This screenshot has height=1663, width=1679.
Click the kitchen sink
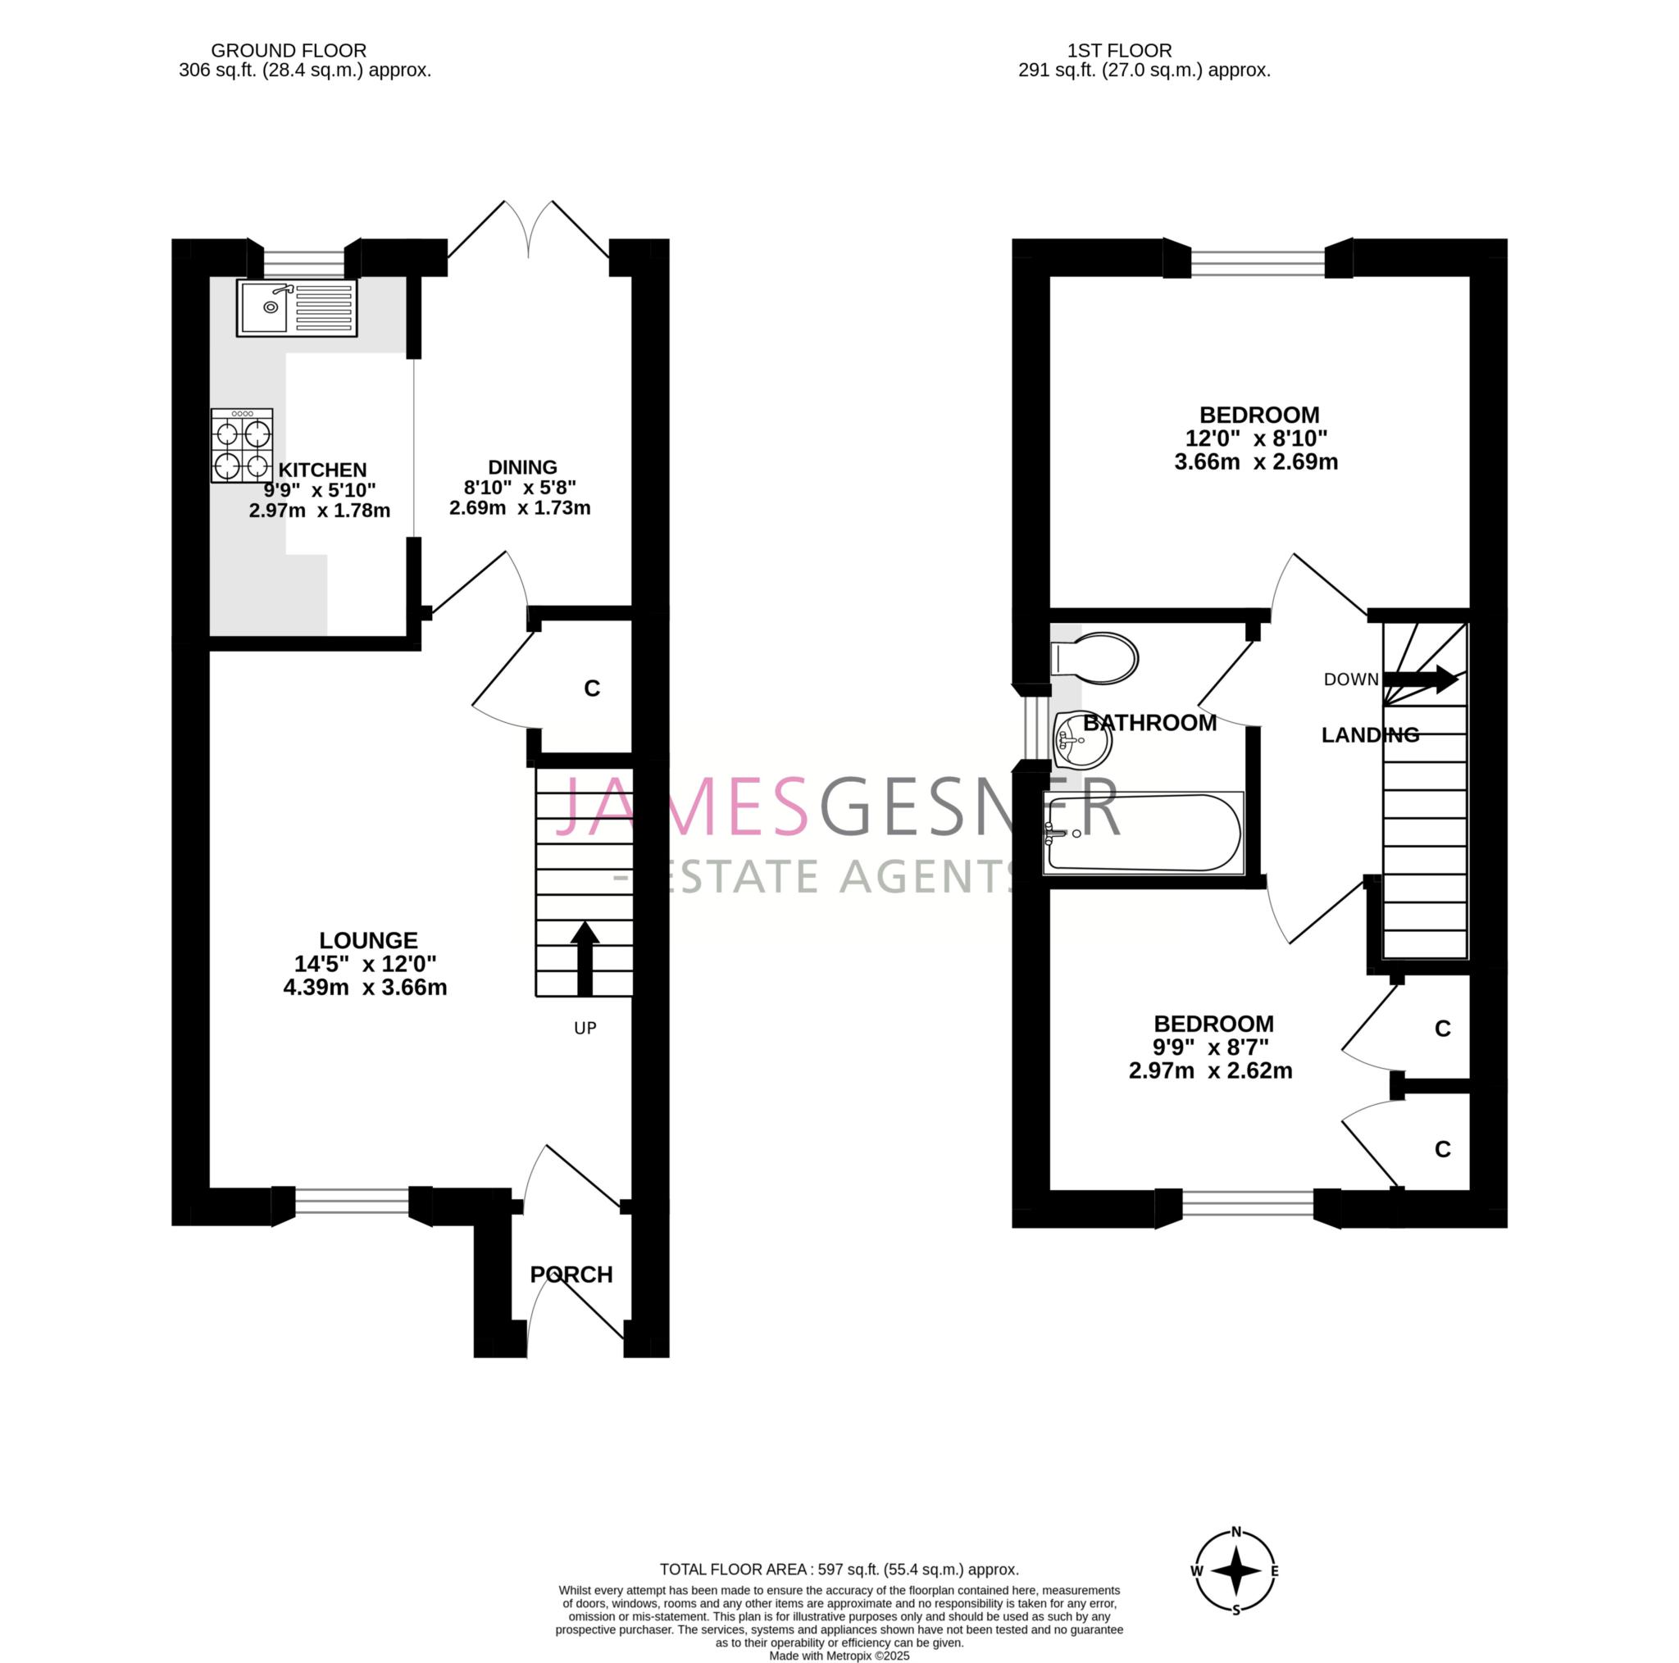pyautogui.click(x=296, y=307)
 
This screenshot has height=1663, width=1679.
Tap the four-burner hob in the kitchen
pyautogui.click(x=242, y=446)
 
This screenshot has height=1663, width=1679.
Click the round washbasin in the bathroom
pyautogui.click(x=1082, y=739)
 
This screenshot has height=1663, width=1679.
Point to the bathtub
pyautogui.click(x=1143, y=833)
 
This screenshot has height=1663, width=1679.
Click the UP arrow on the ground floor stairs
pyautogui.click(x=585, y=957)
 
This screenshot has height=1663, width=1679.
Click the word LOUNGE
pyautogui.click(x=368, y=940)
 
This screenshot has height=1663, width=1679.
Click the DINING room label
pyautogui.click(x=522, y=466)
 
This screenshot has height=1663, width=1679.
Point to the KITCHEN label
pyautogui.click(x=322, y=470)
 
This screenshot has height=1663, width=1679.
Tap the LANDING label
pyautogui.click(x=1370, y=735)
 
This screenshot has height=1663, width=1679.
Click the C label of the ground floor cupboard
pyautogui.click(x=592, y=688)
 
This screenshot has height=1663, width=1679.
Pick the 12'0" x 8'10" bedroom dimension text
pyautogui.click(x=1257, y=438)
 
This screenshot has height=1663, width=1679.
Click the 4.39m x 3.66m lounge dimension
pyautogui.click(x=365, y=987)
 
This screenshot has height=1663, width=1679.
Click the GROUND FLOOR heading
pyautogui.click(x=289, y=50)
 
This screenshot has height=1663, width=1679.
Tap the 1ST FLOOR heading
pyautogui.click(x=1119, y=50)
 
